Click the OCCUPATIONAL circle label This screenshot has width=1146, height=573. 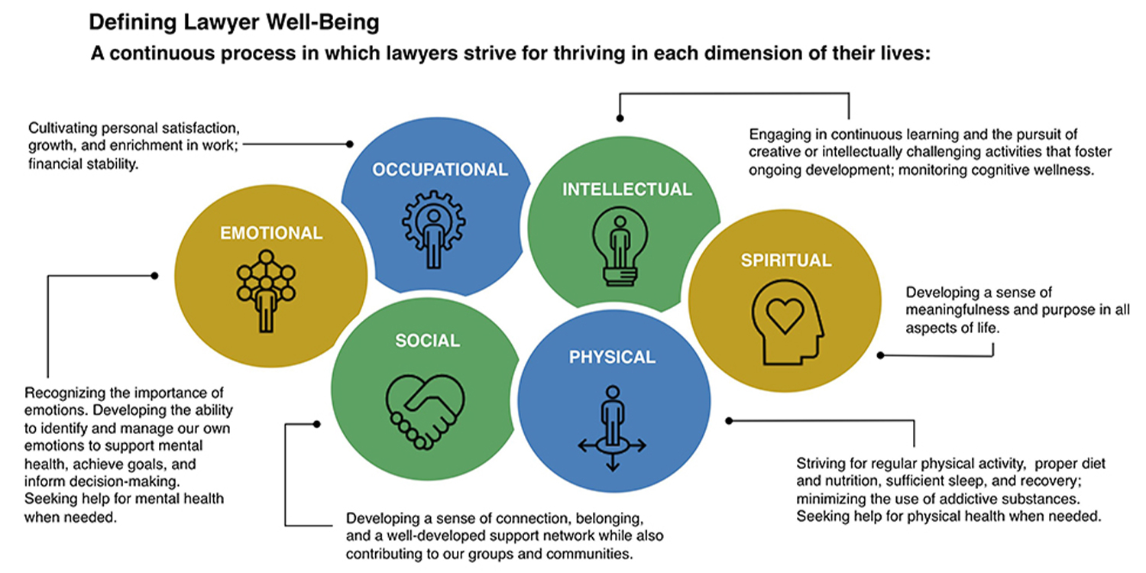(x=440, y=170)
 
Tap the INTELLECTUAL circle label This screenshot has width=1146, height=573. (x=627, y=189)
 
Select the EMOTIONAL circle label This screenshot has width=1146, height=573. (x=271, y=233)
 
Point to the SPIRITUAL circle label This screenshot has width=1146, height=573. (x=786, y=261)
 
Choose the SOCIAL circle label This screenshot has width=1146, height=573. (x=428, y=341)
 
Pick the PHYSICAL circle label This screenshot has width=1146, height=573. (x=613, y=357)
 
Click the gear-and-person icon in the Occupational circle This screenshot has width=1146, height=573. (x=434, y=229)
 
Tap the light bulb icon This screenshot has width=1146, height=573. (x=620, y=246)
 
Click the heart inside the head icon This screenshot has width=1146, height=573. (x=785, y=315)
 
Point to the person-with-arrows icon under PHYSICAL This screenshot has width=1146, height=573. (x=613, y=428)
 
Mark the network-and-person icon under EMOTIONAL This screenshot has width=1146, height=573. (x=266, y=291)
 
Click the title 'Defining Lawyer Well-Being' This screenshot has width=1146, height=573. (x=235, y=23)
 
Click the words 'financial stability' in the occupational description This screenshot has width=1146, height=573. (x=83, y=164)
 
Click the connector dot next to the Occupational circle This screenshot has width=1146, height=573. (x=350, y=144)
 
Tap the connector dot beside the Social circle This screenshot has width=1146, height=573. (x=317, y=424)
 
